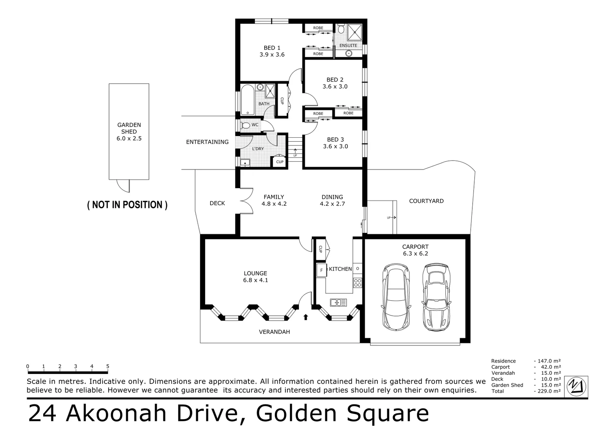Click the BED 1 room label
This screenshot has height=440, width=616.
coord(272,48)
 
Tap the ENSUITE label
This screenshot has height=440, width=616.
coord(348,46)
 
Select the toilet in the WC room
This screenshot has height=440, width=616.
coord(245,125)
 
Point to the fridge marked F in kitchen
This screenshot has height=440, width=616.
coord(321,270)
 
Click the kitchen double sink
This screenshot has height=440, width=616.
coord(338,302)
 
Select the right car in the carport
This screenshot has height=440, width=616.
coord(436,297)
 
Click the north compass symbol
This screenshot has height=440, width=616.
coord(577,385)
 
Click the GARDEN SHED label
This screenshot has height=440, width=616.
coord(129,128)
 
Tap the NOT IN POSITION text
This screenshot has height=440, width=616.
coord(127,205)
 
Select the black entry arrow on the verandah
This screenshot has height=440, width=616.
coord(306,317)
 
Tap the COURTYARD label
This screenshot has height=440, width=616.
coord(426,201)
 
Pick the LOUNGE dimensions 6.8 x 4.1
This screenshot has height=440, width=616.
coord(255,280)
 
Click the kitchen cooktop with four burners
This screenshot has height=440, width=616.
coord(357,282)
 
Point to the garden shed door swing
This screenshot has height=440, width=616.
coord(123,186)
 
